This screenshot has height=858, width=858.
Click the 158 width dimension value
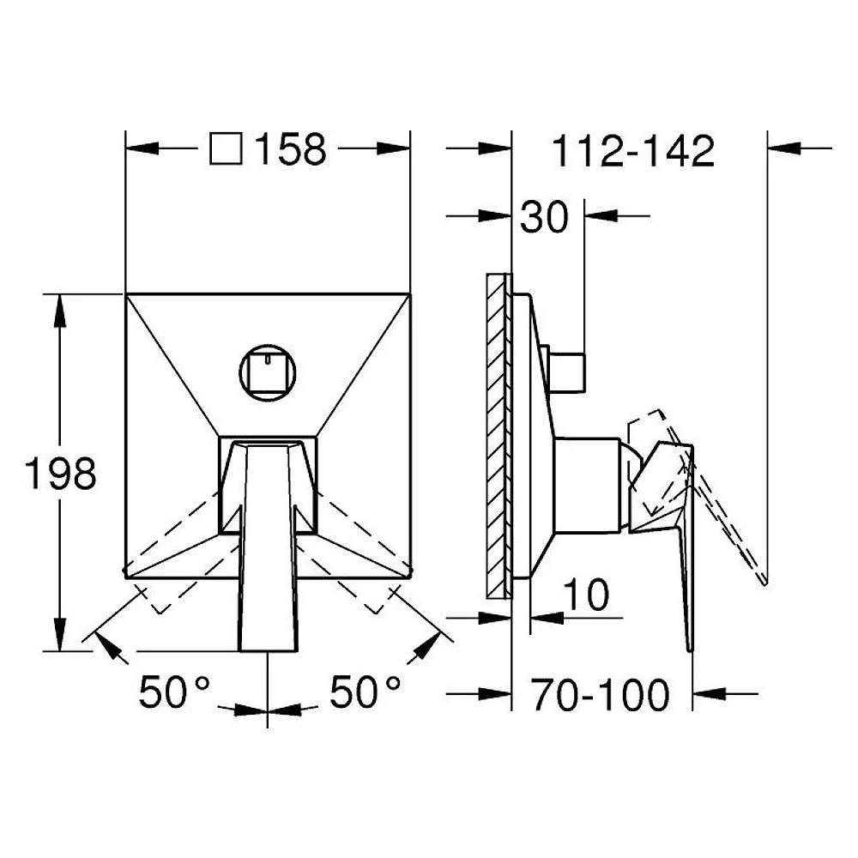[291, 148]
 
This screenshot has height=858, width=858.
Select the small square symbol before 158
[226, 148]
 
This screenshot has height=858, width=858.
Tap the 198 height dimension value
[61, 474]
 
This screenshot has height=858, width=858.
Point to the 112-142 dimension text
[634, 151]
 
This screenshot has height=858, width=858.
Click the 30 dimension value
[544, 217]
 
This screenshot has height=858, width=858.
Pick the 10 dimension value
[585, 595]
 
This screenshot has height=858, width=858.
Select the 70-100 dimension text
[601, 695]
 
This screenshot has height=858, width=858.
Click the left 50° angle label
[174, 692]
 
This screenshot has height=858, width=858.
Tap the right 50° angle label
[365, 692]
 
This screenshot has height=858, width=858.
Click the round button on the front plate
[268, 372]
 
